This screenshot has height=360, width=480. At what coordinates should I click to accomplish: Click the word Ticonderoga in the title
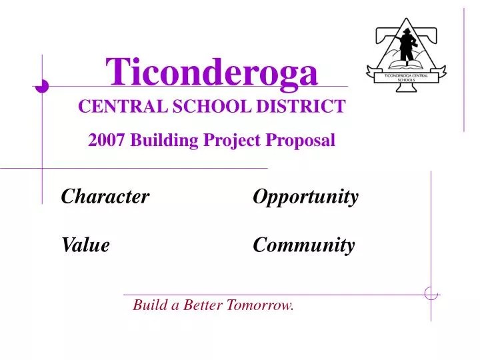(x=213, y=72)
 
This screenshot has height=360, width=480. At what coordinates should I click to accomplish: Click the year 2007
(x=107, y=141)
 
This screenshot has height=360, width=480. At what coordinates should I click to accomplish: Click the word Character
(x=105, y=197)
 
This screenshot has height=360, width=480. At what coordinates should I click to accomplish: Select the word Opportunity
(x=305, y=197)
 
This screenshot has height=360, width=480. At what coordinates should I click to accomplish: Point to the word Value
(x=85, y=245)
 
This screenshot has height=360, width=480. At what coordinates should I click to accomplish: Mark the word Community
(x=303, y=245)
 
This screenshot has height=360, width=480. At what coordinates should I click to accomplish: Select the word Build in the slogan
(x=149, y=306)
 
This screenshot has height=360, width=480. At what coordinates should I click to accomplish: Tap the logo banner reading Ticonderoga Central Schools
(x=407, y=78)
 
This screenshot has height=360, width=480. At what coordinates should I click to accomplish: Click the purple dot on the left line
(x=41, y=85)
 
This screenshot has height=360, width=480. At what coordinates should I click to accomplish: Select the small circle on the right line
(x=431, y=293)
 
